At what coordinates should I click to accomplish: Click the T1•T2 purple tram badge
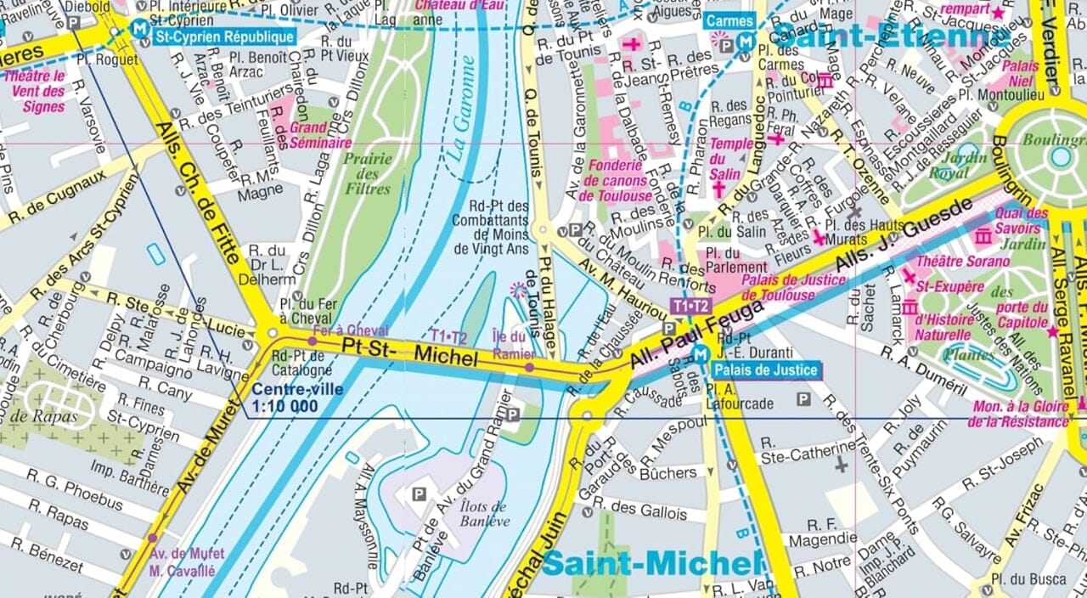pyautogui.click(x=690, y=306)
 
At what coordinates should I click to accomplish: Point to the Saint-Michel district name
pyautogui.click(x=650, y=562)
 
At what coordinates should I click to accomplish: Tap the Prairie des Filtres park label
pyautogui.click(x=368, y=173)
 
